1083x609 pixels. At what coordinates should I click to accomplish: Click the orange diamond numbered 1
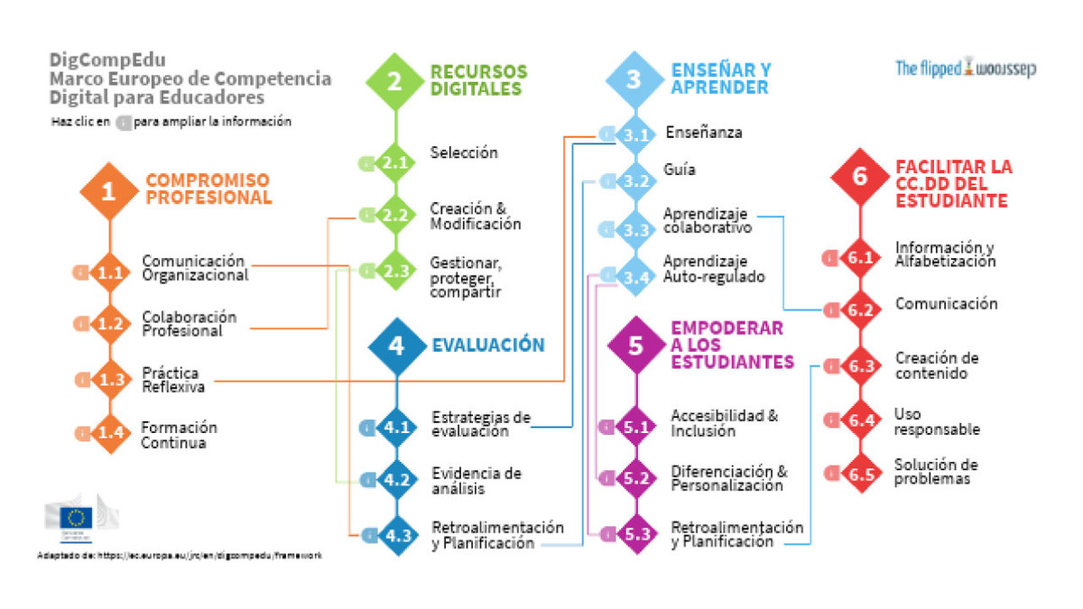point(109,191)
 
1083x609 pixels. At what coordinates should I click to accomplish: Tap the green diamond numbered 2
point(394,81)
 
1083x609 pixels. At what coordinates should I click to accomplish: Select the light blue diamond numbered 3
point(634,79)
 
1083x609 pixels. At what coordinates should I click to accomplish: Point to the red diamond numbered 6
point(860,176)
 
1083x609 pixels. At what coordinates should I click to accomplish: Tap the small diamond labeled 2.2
point(395,216)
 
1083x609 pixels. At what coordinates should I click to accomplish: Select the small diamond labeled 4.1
point(397,428)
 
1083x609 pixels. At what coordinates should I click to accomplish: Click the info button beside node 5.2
point(607,478)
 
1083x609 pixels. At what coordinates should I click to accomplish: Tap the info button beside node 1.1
point(81,272)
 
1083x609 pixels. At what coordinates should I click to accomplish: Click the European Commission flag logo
point(77,518)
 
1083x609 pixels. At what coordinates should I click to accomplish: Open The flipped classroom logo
point(966,68)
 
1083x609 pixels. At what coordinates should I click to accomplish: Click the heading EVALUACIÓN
point(487,346)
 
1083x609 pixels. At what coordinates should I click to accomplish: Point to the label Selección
point(464,153)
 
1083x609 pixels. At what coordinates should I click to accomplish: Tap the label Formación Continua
point(179,435)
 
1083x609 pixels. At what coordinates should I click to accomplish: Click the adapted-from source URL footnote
point(180,556)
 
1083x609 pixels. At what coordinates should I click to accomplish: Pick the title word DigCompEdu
point(97,60)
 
